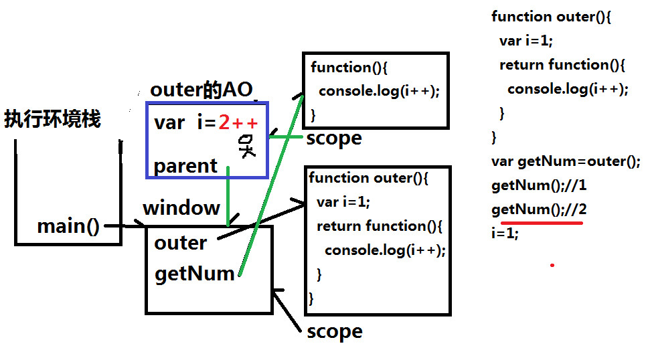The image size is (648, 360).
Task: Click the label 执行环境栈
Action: pos(52,120)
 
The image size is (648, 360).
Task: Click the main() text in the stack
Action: pos(68,226)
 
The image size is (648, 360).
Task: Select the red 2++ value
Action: pos(238,122)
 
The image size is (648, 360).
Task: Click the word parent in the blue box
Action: pos(185,166)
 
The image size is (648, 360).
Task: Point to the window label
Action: pos(181,207)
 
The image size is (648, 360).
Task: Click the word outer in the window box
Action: pos(181,242)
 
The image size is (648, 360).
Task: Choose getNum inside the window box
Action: pos(195,273)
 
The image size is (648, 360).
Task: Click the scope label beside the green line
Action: pos(333,139)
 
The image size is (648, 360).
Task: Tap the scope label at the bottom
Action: pos(334,331)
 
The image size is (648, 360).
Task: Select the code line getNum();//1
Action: pos(538,185)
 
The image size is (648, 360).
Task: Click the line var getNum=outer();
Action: pos(566,161)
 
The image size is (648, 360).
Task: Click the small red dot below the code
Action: pos(552,265)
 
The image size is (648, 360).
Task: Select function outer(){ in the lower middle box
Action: pos(368,178)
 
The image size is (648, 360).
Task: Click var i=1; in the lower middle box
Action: pos(343,202)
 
